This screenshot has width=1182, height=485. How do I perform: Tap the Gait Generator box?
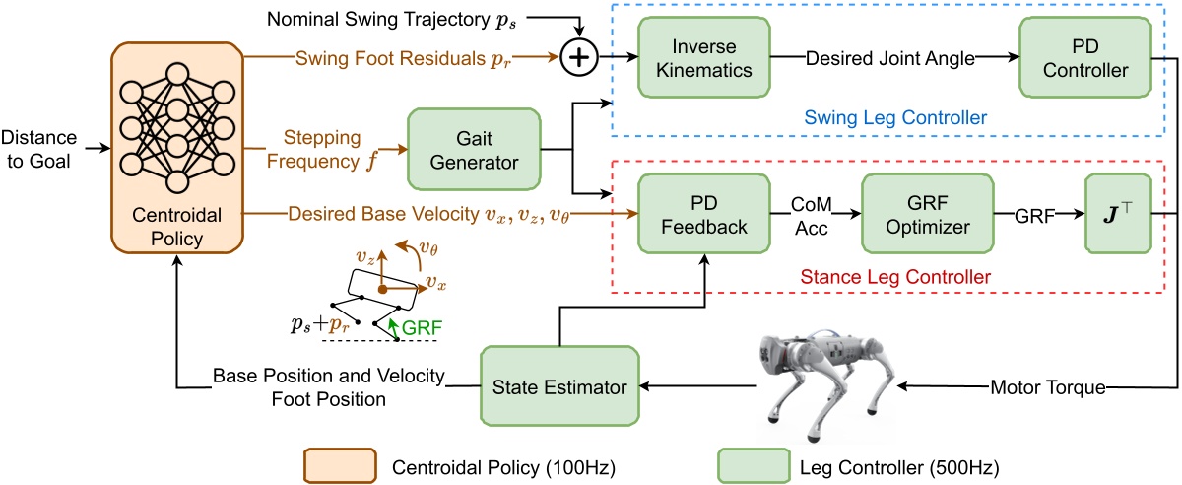pyautogui.click(x=474, y=150)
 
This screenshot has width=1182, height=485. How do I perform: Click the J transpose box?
pyautogui.click(x=1117, y=214)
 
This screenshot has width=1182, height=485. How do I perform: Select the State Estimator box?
pyautogui.click(x=558, y=387)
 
